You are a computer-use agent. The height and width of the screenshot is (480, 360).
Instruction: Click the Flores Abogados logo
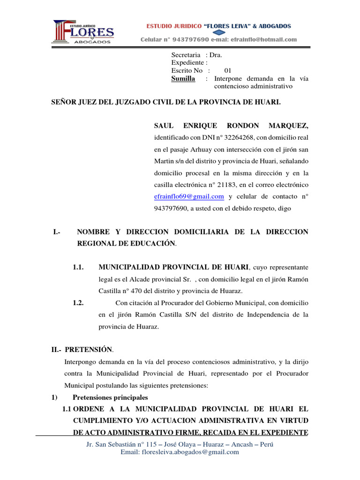coord(83,32)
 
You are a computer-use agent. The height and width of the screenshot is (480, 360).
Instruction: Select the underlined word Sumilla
coord(183,78)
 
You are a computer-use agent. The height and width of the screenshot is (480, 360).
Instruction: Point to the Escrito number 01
coord(228,70)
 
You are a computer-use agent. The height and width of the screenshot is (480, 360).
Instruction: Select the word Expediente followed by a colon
coord(189,62)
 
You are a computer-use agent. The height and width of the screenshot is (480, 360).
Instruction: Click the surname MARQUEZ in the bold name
coord(289,126)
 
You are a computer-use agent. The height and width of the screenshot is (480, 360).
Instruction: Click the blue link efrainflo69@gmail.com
coord(189,196)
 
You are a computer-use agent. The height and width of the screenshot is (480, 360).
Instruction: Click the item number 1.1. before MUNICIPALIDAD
coord(78,267)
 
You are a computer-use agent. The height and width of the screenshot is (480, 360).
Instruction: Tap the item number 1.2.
coord(78,303)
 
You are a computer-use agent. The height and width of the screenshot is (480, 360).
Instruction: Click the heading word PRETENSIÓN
coord(89,349)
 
